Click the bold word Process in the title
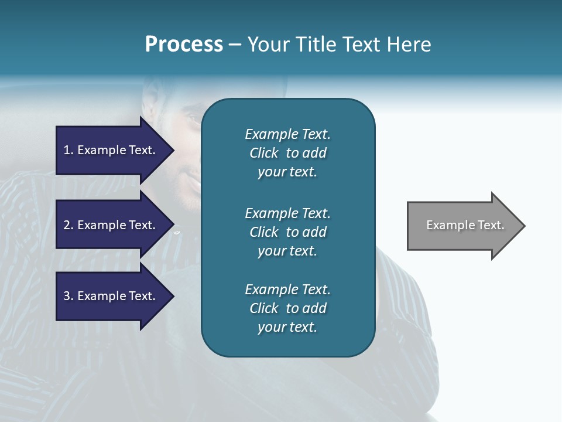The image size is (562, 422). (x=184, y=45)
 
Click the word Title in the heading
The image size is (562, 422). (x=316, y=45)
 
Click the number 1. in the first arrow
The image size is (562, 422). (x=68, y=150)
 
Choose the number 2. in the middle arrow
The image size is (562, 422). (x=68, y=225)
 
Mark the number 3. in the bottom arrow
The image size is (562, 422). (x=68, y=296)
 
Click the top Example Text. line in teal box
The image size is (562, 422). (x=287, y=134)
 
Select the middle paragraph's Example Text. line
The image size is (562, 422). (x=287, y=213)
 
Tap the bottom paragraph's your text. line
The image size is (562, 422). (x=287, y=327)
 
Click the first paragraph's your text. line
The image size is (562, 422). (x=287, y=172)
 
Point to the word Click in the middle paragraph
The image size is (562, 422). (x=263, y=232)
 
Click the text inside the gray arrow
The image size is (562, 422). (x=465, y=225)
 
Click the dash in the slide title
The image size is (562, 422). (x=235, y=45)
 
